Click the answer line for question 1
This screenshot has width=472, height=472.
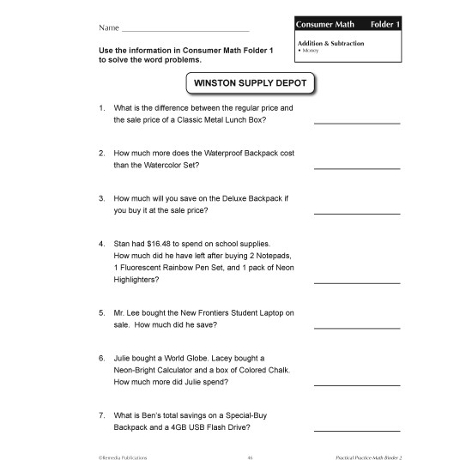coord(357,123)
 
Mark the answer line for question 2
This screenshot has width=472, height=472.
coord(357,167)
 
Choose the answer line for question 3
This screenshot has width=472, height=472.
coord(357,212)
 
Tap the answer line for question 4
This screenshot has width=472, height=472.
coord(357,282)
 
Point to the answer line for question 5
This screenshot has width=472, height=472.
coord(357,327)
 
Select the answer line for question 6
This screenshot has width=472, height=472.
coord(357,384)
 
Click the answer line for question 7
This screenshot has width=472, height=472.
coord(357,429)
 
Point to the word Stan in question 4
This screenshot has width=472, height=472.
coord(123,244)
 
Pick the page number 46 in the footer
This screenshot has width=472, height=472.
coord(250,459)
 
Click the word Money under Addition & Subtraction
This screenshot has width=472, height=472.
coord(310,51)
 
